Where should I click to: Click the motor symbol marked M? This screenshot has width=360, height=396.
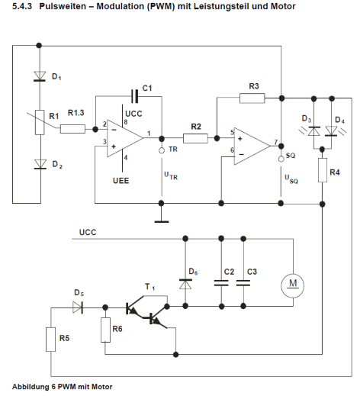(292, 285)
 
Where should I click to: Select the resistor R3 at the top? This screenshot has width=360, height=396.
(252, 98)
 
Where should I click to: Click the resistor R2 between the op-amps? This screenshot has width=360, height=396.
(195, 138)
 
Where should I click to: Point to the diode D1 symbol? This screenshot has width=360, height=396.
(39, 76)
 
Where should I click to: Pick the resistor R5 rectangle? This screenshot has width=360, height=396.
(51, 339)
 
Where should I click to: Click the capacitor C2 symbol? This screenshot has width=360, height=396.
(221, 282)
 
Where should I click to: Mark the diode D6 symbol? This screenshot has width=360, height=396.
(184, 282)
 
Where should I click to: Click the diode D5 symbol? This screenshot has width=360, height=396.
(76, 307)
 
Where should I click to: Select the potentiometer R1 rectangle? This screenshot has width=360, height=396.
(39, 122)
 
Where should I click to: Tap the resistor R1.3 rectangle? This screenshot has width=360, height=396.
(73, 129)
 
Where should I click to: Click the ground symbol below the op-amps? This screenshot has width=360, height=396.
(162, 221)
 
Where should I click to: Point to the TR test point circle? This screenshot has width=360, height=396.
(162, 152)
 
